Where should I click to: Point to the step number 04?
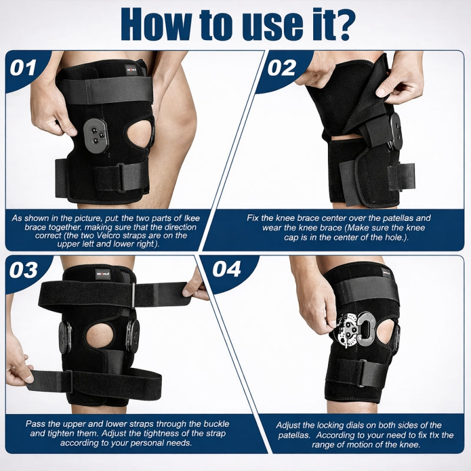pyautogui.click(x=226, y=269)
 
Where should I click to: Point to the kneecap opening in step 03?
pyautogui.click(x=97, y=336)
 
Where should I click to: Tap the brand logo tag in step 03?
pyautogui.click(x=104, y=272)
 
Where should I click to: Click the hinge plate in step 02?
pyautogui.click(x=393, y=131)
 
